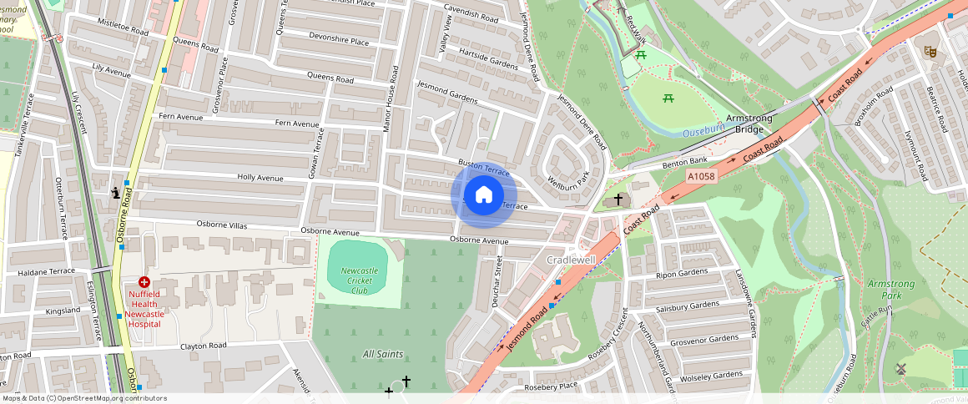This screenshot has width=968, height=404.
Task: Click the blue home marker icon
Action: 483,195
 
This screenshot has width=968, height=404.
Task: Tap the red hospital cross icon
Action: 144,283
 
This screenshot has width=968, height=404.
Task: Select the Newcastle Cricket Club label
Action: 360,280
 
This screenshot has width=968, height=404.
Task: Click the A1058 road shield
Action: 703,177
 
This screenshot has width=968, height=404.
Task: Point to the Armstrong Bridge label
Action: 749,124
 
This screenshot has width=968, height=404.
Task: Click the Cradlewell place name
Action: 571,260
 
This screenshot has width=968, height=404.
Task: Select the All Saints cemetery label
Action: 383,354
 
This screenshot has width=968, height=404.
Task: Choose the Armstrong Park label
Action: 890,290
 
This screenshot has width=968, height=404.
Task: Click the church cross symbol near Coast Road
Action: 618,199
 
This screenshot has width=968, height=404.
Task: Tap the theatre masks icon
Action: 930,52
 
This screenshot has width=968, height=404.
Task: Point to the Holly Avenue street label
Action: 260,178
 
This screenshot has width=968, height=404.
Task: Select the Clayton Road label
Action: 204,346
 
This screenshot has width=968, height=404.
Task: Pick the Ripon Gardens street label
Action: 681,274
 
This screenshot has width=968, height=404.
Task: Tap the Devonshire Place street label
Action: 338,39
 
